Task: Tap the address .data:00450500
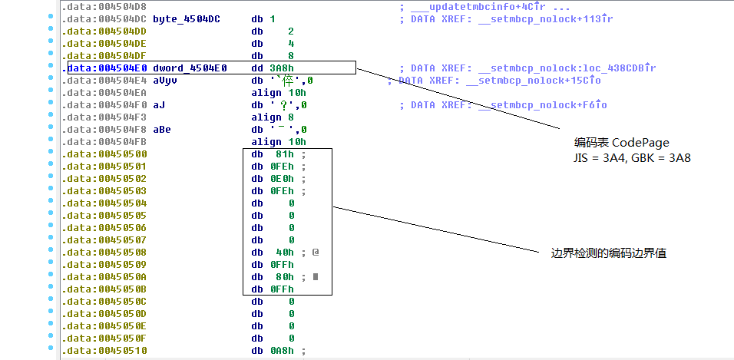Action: click(104, 154)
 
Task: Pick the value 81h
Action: click(284, 154)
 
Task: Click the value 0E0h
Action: click(282, 178)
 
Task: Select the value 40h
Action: click(284, 252)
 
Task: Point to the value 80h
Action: click(284, 276)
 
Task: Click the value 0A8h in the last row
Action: click(282, 351)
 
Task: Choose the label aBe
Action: click(162, 129)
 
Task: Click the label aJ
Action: click(159, 104)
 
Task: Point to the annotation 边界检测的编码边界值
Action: click(608, 253)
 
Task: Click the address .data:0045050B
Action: click(104, 289)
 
